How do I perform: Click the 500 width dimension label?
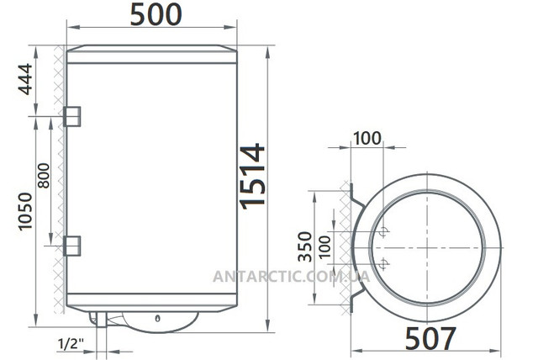pos(156,15)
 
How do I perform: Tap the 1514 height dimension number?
pos(252,176)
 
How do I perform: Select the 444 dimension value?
pos(25,79)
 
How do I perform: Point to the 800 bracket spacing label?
pos(44,176)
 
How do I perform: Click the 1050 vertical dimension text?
pos(25,211)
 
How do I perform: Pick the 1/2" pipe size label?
pos(71,343)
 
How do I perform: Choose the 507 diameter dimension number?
pos(431,337)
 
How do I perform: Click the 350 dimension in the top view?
pos(305,246)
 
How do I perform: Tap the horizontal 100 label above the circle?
pos(367,138)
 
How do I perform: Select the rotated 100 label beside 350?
pos(324,247)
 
